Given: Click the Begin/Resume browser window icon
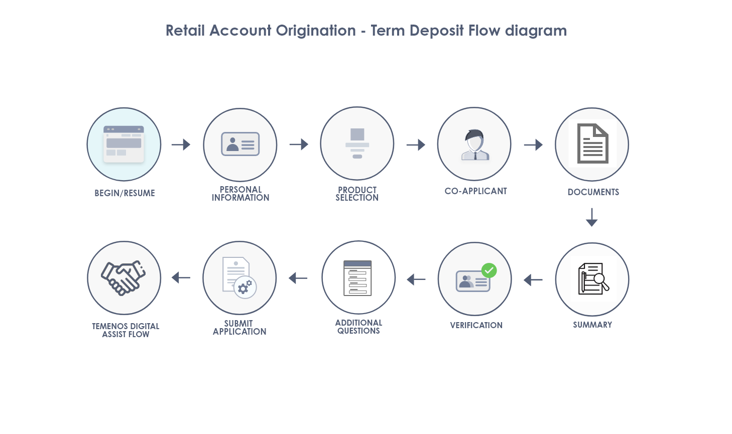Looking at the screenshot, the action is click(124, 144).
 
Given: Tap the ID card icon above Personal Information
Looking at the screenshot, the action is click(240, 143).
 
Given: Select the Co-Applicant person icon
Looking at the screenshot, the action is click(475, 144).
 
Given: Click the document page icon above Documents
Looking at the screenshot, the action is click(592, 143).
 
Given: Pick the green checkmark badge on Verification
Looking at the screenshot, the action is click(489, 270).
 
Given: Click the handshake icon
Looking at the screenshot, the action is click(123, 278).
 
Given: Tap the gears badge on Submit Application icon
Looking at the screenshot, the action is click(245, 287).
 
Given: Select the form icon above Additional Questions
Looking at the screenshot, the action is click(357, 278).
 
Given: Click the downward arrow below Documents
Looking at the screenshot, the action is click(591, 217).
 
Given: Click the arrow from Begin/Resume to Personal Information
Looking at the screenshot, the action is click(181, 144).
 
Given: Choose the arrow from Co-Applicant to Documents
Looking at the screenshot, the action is click(533, 144).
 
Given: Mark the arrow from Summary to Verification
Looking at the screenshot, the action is click(533, 280).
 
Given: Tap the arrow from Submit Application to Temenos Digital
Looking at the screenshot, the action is click(181, 278).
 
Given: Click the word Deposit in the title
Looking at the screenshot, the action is click(437, 31).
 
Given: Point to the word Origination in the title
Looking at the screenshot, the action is click(316, 31).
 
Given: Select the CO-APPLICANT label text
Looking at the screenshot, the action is click(476, 191).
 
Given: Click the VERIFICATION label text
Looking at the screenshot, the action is click(476, 325).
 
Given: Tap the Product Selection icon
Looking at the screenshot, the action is click(357, 143).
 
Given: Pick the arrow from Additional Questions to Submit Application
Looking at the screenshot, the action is click(298, 278).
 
